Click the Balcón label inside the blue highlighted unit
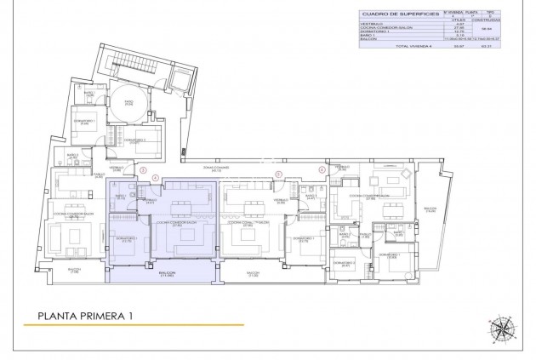tap(166, 274)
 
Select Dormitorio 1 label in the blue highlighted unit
tap(127, 240)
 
